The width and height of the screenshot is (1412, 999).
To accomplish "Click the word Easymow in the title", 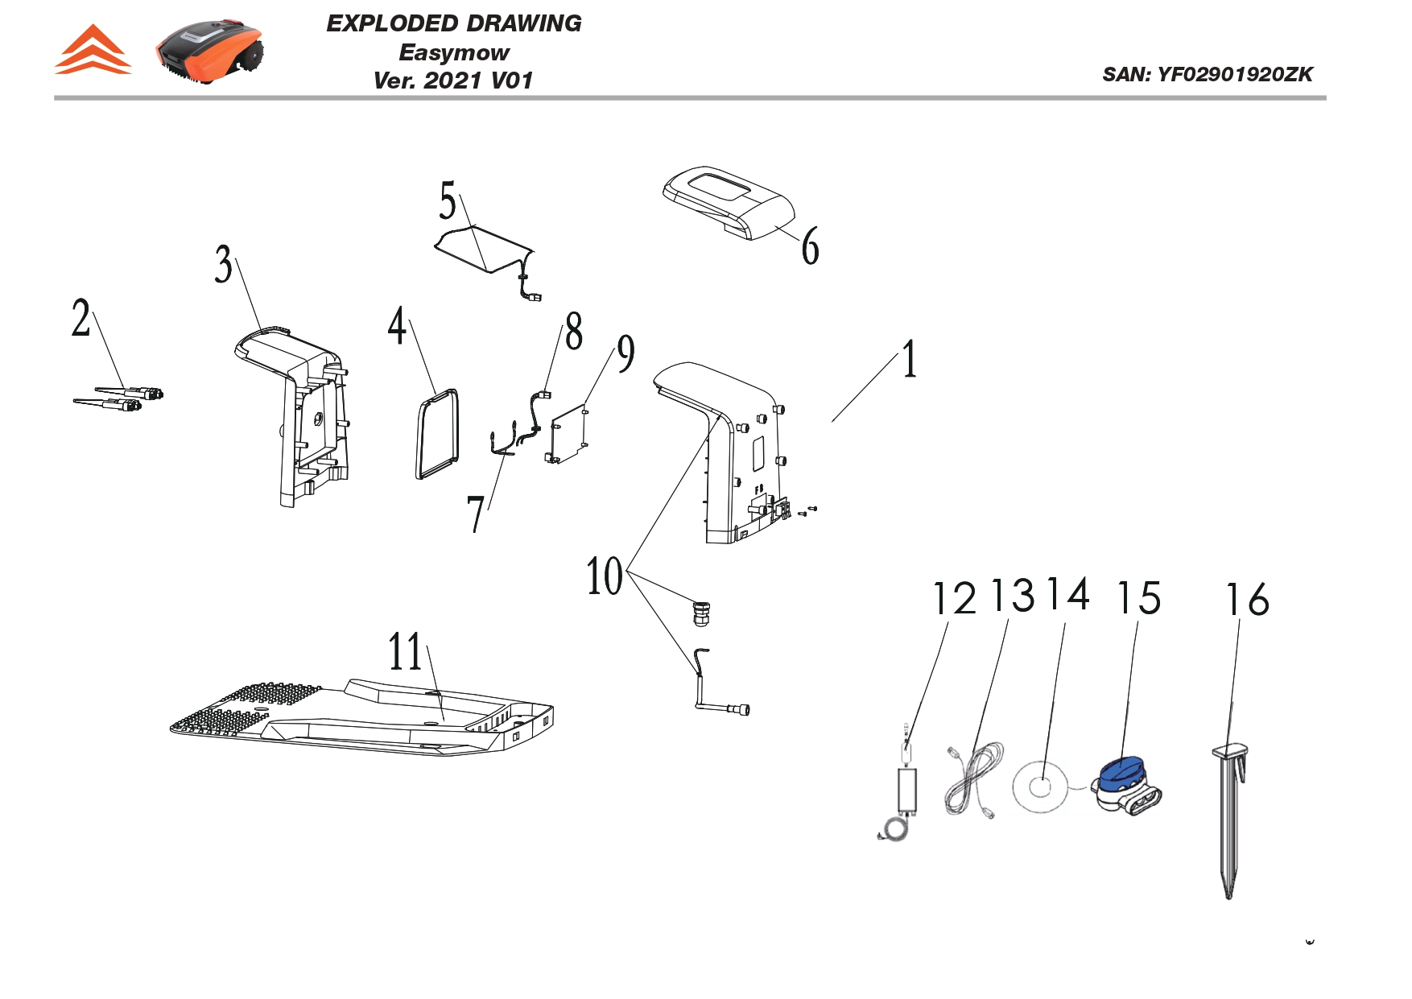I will [453, 53].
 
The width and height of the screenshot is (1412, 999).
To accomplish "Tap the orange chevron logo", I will [93, 51].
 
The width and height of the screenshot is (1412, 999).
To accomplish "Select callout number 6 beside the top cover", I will [811, 246].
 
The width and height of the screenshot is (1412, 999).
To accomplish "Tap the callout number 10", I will [605, 576].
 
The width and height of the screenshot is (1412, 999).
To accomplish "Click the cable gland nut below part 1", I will [700, 613].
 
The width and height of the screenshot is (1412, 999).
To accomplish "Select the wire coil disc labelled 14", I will [1040, 787].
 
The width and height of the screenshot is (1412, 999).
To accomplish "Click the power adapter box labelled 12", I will [908, 790].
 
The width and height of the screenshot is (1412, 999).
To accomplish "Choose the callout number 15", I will [1138, 598].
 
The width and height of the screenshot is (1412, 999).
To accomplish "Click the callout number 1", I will [909, 359].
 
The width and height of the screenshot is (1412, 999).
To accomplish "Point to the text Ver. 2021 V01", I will [453, 80].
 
